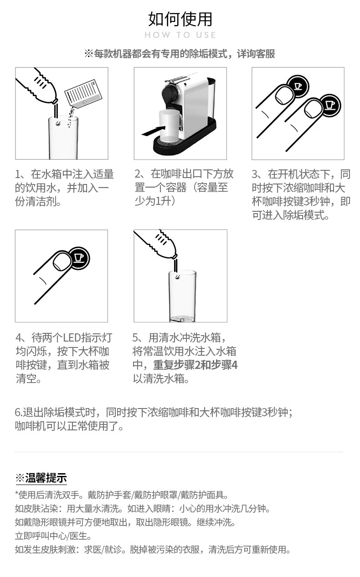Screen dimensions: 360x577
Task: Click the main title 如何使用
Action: click(180, 19)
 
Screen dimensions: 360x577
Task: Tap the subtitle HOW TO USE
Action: click(180, 35)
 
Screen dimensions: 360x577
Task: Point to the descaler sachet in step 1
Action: click(83, 95)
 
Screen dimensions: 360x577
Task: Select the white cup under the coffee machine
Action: click(169, 125)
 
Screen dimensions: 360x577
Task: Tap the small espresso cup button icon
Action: click(298, 86)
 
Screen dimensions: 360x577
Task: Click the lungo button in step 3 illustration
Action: click(330, 105)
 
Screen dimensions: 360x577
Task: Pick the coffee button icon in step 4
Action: click(79, 258)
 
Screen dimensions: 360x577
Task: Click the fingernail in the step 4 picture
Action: click(62, 261)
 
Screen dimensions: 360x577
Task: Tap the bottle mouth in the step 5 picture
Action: click(175, 256)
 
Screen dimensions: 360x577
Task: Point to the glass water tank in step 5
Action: click(182, 296)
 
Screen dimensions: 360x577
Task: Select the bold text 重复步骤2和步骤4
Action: click(195, 365)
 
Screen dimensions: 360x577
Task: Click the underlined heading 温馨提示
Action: click(46, 478)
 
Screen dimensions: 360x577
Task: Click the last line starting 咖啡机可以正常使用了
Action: click(69, 426)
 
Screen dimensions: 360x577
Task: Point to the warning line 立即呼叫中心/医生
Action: click(53, 536)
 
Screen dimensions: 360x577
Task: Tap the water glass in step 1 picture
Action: click(63, 138)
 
